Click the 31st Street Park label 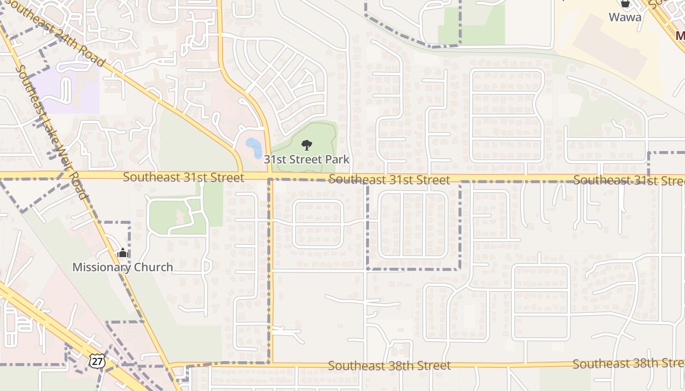click(307, 159)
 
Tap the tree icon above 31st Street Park click(307, 145)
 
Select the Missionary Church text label click(123, 267)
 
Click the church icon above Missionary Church click(122, 253)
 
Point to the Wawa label click(625, 17)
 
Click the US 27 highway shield click(97, 361)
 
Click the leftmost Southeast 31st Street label click(183, 177)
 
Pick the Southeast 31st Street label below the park click(389, 180)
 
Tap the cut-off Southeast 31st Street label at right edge click(629, 180)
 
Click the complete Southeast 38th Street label click(389, 365)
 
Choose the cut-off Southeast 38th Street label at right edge click(628, 364)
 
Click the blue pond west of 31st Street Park click(253, 148)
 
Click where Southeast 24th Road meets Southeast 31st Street click(241, 174)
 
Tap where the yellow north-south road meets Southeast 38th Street click(271, 364)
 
